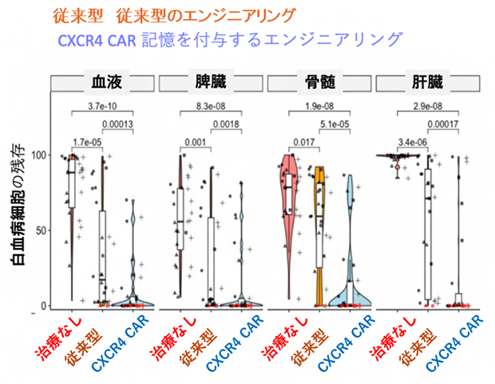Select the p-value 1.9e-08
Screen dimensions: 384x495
319,106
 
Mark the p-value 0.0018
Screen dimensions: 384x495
228,125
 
